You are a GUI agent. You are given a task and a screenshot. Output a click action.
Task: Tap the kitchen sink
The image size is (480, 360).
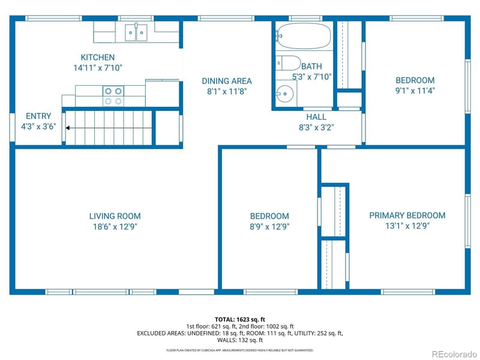point(136,32)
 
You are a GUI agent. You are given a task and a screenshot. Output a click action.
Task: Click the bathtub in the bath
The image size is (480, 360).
point(304,38)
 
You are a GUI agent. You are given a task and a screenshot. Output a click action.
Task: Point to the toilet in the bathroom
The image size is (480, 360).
point(289,64)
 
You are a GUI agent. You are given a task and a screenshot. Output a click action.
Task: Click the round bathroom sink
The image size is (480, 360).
point(286,94)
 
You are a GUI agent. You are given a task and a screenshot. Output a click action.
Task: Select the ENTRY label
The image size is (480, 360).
point(38,116)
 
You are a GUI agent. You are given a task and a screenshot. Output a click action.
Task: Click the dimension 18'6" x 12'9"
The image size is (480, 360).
point(115,227)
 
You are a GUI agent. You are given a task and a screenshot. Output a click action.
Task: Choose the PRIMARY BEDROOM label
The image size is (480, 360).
point(407,215)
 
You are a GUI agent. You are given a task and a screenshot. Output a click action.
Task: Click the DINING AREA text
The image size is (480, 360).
point(226,81)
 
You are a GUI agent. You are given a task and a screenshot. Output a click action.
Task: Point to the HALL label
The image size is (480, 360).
point(316,116)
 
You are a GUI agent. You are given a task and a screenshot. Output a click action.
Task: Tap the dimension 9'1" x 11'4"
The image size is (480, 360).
point(415,91)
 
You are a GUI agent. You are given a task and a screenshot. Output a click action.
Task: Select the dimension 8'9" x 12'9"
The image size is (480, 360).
point(269,227)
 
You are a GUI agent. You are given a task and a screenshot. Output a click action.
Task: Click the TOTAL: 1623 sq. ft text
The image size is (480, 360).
point(239,319)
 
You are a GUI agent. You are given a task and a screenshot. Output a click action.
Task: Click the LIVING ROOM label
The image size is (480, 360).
point(115,216)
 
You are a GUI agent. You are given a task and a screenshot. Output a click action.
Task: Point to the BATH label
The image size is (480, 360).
point(311,67)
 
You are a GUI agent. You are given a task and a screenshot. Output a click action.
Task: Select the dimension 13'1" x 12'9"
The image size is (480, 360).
point(407,226)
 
